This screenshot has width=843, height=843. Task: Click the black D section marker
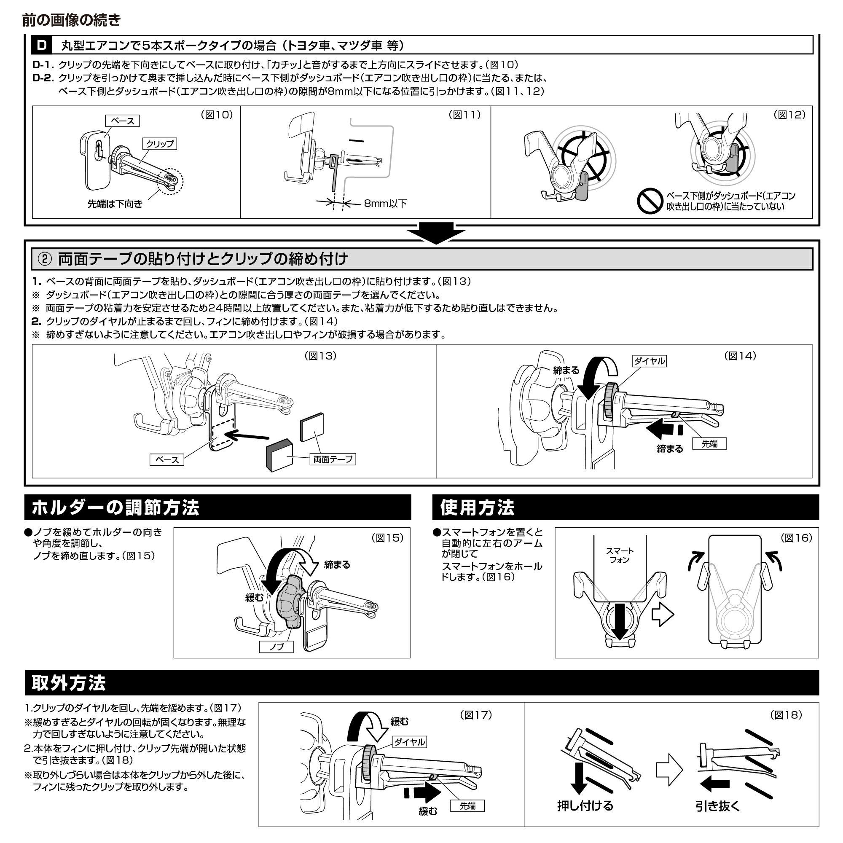click(x=42, y=46)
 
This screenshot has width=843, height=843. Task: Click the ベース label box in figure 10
click(x=122, y=121)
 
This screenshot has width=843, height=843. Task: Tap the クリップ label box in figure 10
click(x=159, y=144)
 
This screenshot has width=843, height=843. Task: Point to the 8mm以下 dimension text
click(x=385, y=203)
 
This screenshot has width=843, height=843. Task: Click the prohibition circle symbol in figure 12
click(x=650, y=201)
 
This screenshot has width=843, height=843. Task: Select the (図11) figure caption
click(x=464, y=114)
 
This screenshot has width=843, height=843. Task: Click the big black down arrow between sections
click(x=436, y=233)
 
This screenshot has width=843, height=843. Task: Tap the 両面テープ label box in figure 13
click(x=333, y=459)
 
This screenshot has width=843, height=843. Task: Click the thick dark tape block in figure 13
click(x=280, y=455)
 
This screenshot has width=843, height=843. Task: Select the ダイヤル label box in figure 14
click(x=650, y=361)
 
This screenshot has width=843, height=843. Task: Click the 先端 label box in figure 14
click(x=709, y=444)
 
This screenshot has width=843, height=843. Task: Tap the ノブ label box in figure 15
click(x=276, y=646)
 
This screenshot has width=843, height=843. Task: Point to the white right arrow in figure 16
click(x=663, y=615)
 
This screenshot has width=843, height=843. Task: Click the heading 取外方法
click(x=69, y=683)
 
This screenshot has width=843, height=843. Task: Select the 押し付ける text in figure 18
click(x=585, y=805)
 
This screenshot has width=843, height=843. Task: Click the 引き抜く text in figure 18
click(x=718, y=805)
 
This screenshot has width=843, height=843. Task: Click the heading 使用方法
click(x=478, y=507)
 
